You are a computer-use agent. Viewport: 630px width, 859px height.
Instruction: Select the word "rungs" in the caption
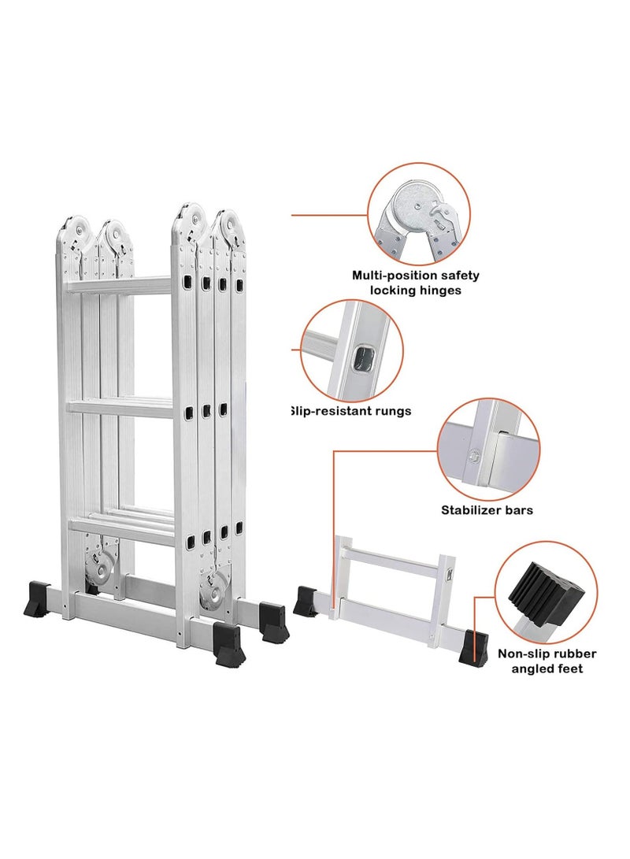pyautogui.click(x=388, y=410)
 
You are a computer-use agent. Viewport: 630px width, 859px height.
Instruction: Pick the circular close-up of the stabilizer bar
pyautogui.click(x=488, y=450)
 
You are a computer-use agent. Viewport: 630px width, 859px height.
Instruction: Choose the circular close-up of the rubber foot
pyautogui.click(x=544, y=590)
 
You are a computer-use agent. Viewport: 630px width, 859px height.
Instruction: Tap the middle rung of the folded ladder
pyautogui.click(x=120, y=406)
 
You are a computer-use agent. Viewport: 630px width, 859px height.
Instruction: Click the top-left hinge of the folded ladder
pyautogui.click(x=72, y=228)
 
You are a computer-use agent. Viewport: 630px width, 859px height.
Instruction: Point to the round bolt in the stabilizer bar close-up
pyautogui.click(x=474, y=454)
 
